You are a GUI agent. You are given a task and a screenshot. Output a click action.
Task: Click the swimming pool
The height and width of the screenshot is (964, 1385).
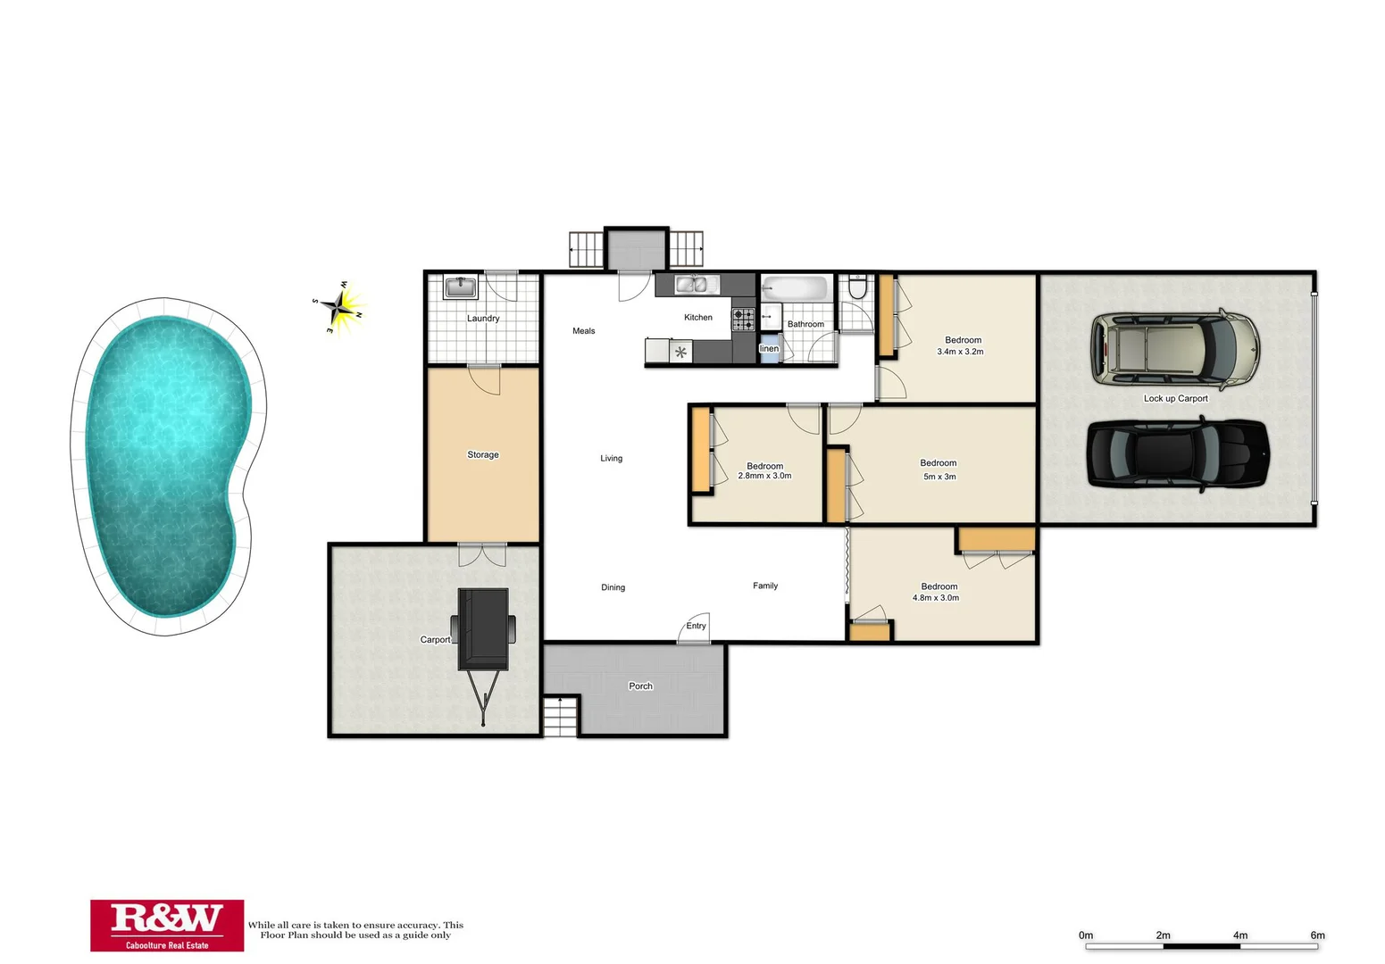165,464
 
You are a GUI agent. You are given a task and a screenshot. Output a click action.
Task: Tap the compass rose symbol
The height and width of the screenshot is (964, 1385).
339,306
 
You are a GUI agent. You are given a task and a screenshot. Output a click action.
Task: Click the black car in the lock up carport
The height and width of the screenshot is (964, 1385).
1177,453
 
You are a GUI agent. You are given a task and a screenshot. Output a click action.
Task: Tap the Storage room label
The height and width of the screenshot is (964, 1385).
483,455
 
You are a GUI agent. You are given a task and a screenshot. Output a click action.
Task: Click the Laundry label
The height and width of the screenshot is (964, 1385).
483,319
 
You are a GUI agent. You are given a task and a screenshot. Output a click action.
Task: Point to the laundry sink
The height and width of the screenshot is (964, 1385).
461,287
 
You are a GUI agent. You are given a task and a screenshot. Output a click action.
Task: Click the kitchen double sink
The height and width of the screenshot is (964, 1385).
697,285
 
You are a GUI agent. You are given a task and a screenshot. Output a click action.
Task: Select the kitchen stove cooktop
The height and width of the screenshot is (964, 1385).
743,319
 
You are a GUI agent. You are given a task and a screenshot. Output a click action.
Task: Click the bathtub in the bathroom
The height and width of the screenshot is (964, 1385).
796,289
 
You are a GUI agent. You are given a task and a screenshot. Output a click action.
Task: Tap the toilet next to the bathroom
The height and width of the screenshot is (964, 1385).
857,287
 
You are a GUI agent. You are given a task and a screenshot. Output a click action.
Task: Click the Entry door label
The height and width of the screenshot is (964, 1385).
696,627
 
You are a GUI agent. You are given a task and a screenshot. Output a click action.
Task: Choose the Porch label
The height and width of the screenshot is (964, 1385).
640,686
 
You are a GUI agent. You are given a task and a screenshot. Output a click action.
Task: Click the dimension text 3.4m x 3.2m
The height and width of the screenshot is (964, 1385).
960,353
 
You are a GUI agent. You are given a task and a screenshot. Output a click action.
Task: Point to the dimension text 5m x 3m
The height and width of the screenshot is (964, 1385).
939,477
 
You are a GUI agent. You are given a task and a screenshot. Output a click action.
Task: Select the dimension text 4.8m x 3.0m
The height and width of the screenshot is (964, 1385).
936,598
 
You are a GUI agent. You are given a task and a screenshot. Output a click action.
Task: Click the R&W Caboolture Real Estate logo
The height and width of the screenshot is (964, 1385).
167,925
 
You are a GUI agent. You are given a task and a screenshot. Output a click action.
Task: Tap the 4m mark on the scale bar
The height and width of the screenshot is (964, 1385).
1240,935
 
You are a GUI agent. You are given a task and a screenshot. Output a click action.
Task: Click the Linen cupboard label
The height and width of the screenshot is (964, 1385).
769,349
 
